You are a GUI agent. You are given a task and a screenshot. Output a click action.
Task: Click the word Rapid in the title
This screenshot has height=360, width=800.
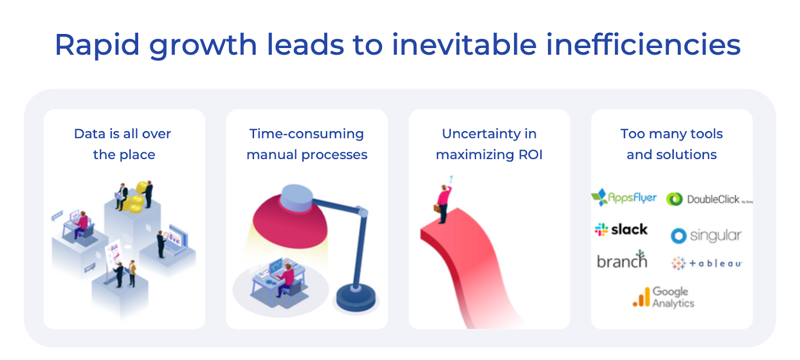click(x=97, y=45)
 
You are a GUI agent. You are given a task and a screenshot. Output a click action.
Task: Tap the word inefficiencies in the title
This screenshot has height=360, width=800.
click(x=643, y=44)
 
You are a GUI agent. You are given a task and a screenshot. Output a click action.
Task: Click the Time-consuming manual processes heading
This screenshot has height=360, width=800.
click(x=307, y=144)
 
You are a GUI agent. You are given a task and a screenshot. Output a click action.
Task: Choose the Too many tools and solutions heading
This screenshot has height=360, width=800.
click(x=671, y=144)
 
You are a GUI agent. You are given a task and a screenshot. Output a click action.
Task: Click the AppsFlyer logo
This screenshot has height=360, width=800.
click(x=624, y=197)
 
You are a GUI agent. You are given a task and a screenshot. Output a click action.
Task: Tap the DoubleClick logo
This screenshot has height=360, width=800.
click(x=709, y=199)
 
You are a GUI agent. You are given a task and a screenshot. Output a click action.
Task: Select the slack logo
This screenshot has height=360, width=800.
click(x=621, y=229)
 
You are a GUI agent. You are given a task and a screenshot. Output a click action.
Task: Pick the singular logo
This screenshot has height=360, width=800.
click(x=706, y=235)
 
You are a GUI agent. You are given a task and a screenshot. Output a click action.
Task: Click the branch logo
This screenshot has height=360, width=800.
click(x=622, y=259)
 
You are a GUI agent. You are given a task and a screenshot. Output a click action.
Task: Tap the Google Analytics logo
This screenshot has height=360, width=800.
click(x=663, y=297)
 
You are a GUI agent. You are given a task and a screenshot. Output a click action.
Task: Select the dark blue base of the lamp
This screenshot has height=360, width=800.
click(x=355, y=297)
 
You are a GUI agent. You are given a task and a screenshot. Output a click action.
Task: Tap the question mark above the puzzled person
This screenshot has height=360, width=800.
click(x=451, y=179)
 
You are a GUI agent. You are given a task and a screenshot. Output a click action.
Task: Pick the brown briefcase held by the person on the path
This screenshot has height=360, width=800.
click(x=437, y=208)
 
